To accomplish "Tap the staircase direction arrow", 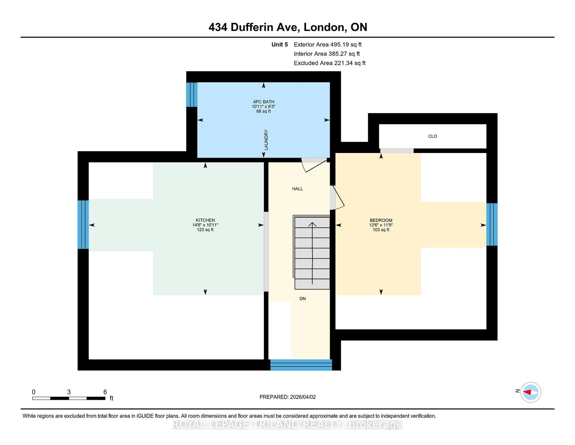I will coord(312,253).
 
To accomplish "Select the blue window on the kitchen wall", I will coord(83,225).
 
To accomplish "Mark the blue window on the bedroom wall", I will coord(492,224).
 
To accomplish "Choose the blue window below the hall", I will coord(301,365).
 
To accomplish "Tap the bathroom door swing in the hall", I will coord(315,166).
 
